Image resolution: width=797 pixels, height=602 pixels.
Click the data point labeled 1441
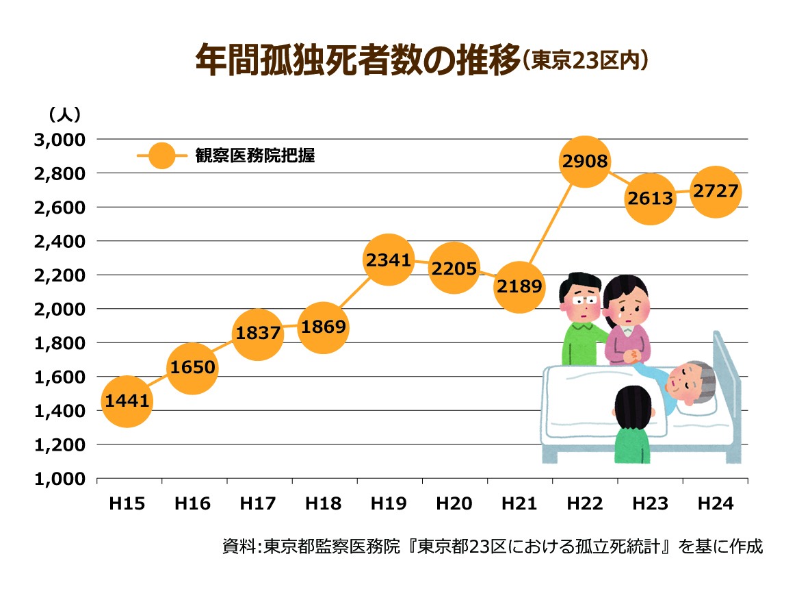[127, 401]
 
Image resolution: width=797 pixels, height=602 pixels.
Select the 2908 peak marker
[584, 162]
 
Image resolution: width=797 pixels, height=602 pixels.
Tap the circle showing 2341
[388, 260]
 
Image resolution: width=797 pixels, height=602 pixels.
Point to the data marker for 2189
[520, 287]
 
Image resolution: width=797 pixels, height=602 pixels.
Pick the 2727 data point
[716, 192]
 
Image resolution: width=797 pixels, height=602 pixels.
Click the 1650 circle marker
[192, 368]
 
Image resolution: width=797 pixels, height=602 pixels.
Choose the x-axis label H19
[388, 505]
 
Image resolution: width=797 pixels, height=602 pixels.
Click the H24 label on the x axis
[715, 505]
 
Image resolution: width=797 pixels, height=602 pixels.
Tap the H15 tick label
[127, 505]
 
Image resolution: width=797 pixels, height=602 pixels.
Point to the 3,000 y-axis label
[59, 140]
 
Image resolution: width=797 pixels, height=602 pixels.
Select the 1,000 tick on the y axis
[59, 479]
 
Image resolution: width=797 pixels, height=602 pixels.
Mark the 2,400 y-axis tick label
[59, 241]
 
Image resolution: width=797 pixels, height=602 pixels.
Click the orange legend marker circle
[161, 156]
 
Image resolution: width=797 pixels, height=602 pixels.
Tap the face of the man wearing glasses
[581, 301]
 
